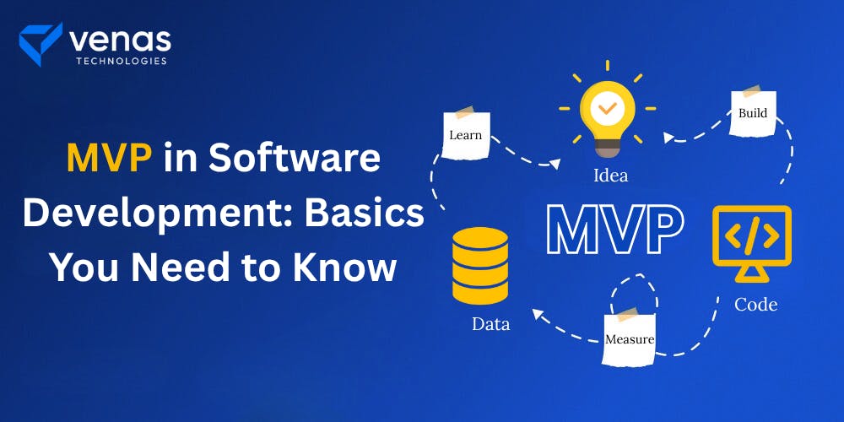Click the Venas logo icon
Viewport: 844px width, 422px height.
pyautogui.click(x=40, y=43)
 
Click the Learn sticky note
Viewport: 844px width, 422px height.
pyautogui.click(x=466, y=133)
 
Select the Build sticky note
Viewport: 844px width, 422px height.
pyautogui.click(x=753, y=112)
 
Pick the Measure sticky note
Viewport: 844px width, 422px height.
pyautogui.click(x=630, y=338)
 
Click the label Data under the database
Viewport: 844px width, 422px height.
pyautogui.click(x=490, y=322)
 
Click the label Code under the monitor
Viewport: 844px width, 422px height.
pyautogui.click(x=755, y=304)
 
